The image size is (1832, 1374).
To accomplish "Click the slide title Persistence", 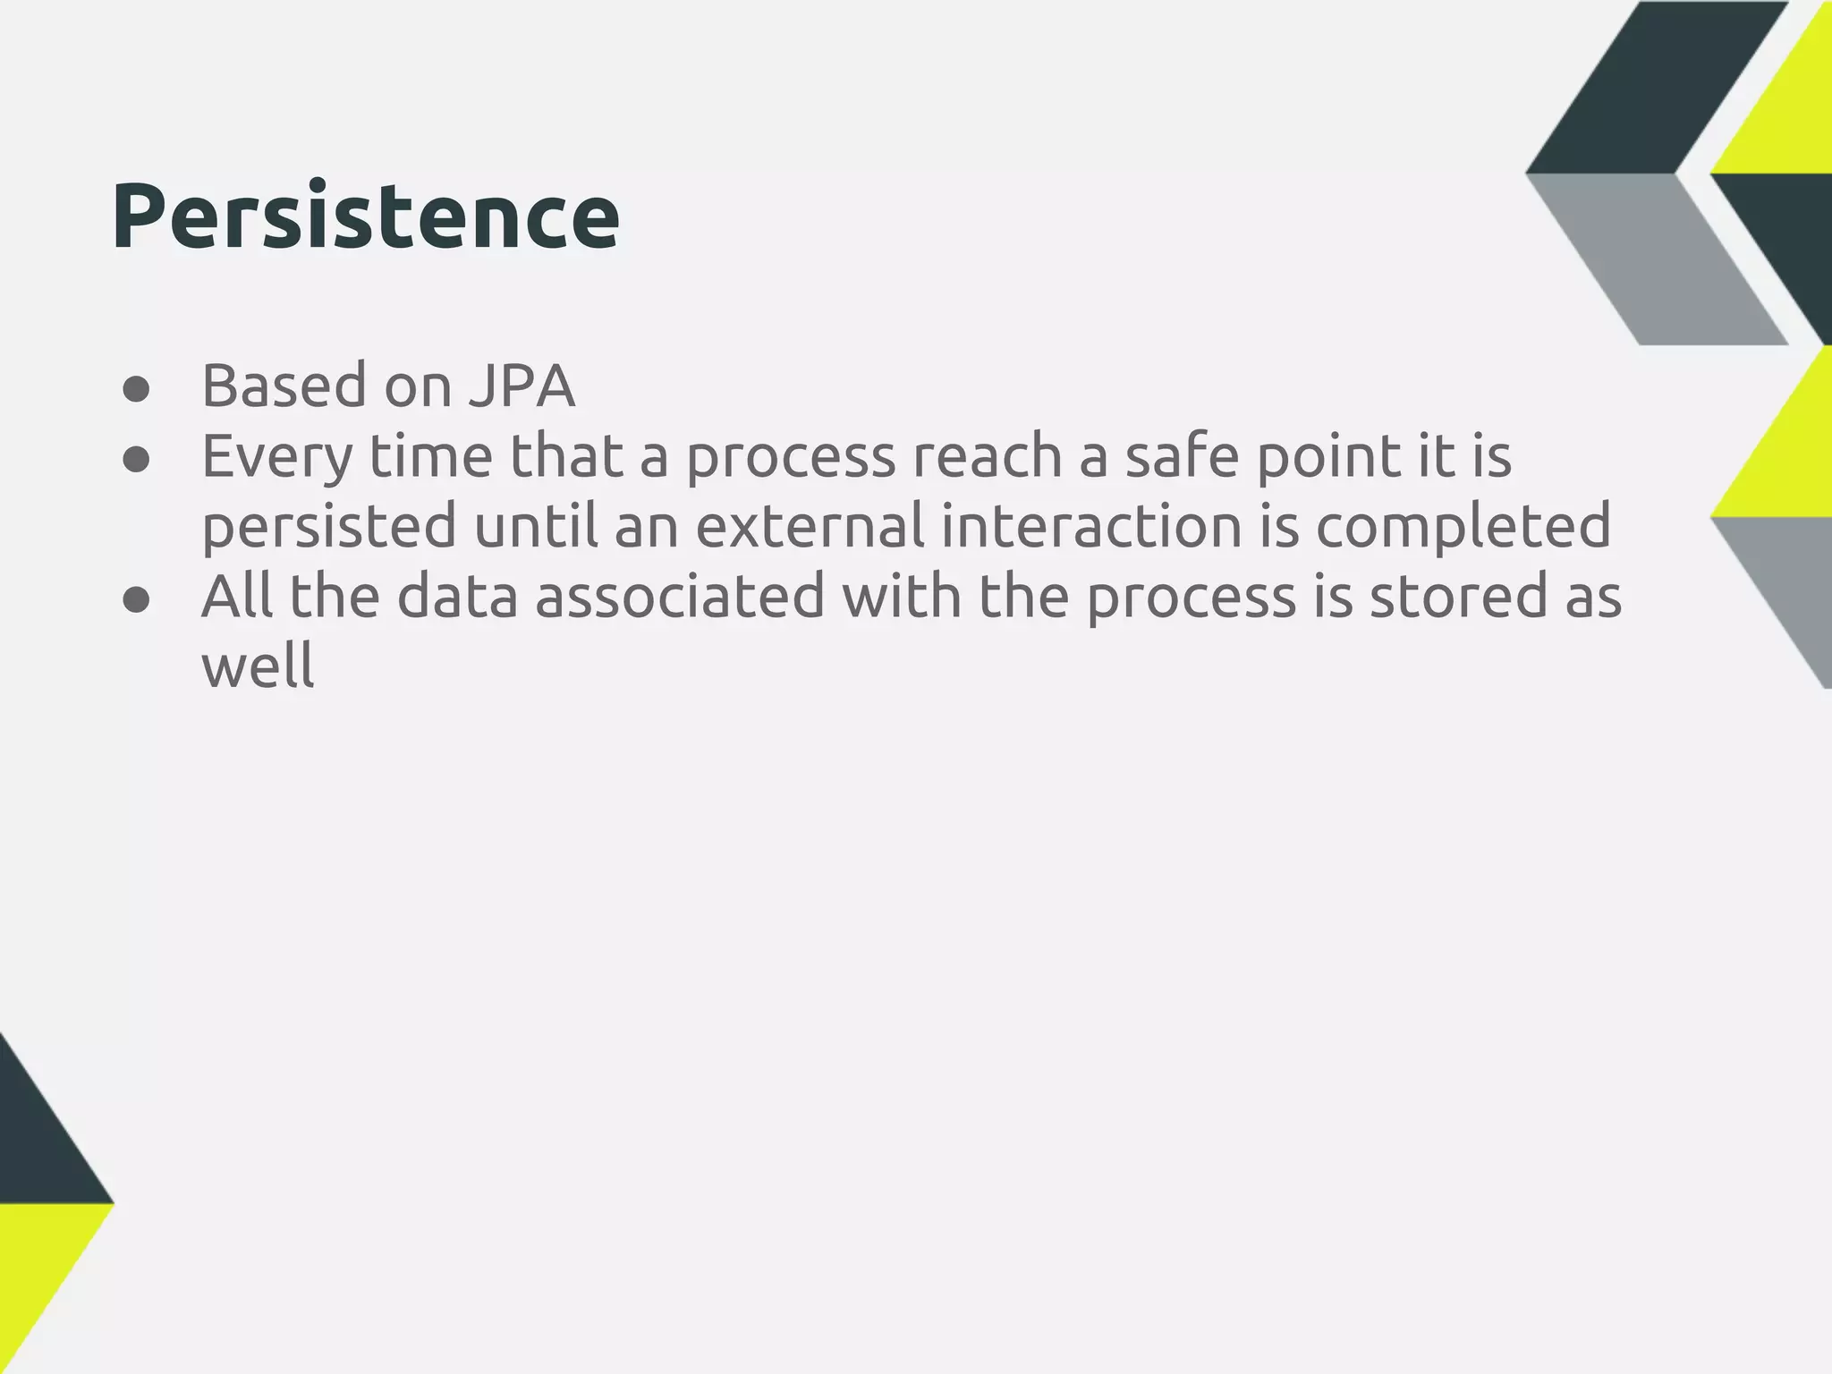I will coord(365,217).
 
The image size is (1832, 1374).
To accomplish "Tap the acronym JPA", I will coord(521,386).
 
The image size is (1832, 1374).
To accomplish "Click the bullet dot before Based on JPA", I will coord(136,390).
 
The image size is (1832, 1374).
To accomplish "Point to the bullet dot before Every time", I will coord(136,460).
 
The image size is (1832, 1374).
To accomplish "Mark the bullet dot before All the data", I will coord(136,600).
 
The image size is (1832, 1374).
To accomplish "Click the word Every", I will coord(277,458).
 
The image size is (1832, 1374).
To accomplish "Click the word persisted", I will coord(329,528).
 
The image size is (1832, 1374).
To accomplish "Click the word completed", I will coord(1463,528).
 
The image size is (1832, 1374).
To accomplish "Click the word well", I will coord(258,666).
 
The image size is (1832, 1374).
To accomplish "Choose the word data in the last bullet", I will coord(457,597).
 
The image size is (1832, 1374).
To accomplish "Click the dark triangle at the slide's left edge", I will coord(40,1136).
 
